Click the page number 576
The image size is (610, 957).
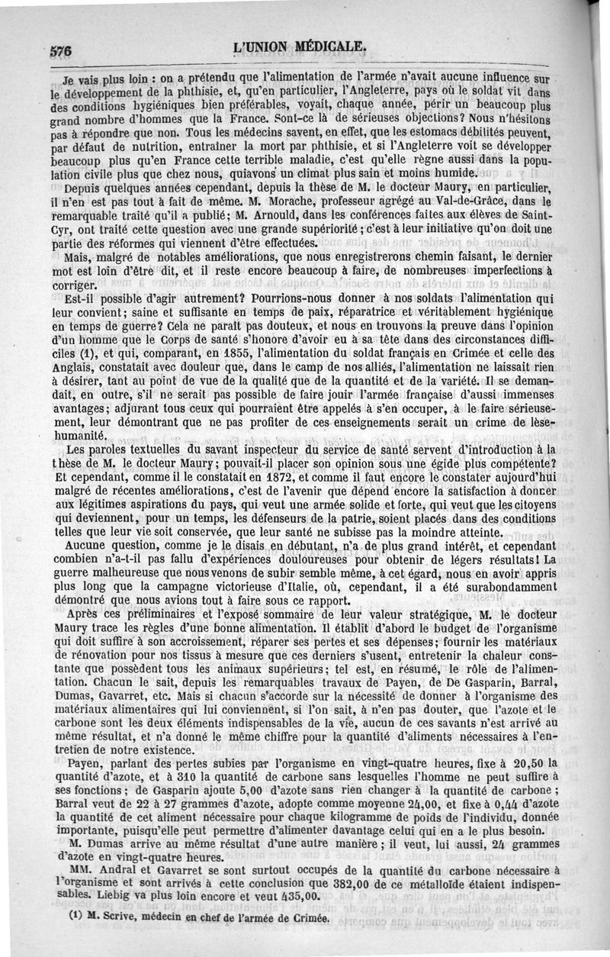click(60, 52)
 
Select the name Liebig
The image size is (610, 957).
click(111, 898)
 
